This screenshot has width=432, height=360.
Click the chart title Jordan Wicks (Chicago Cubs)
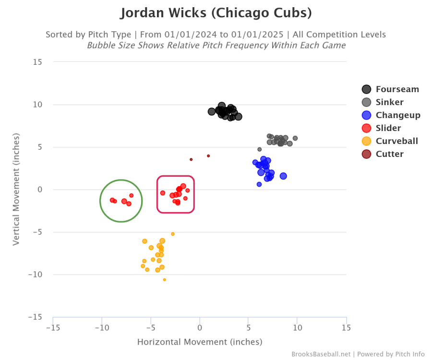point(216,13)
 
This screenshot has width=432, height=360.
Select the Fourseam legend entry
point(397,89)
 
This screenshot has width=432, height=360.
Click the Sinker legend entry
point(389,102)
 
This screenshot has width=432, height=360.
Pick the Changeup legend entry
point(398,115)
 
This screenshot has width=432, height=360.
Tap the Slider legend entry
point(388,128)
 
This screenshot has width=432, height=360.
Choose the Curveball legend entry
point(396,141)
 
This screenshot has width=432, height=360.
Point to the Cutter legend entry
point(389,154)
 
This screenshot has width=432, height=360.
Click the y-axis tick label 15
point(37,62)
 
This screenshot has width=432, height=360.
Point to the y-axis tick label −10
point(35,275)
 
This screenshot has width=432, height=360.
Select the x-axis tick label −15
point(52,327)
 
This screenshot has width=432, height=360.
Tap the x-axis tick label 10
point(297,327)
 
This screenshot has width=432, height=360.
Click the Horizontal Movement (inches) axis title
point(200,342)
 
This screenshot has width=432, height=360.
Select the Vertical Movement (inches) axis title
point(16,190)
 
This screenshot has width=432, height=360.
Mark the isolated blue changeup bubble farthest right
point(283,176)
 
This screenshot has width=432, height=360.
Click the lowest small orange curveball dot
point(165,279)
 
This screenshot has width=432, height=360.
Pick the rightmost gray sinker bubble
point(295,138)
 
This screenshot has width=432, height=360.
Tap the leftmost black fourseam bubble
point(212,111)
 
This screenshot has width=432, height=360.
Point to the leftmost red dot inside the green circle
point(112,200)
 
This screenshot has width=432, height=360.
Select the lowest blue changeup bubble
point(259,184)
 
